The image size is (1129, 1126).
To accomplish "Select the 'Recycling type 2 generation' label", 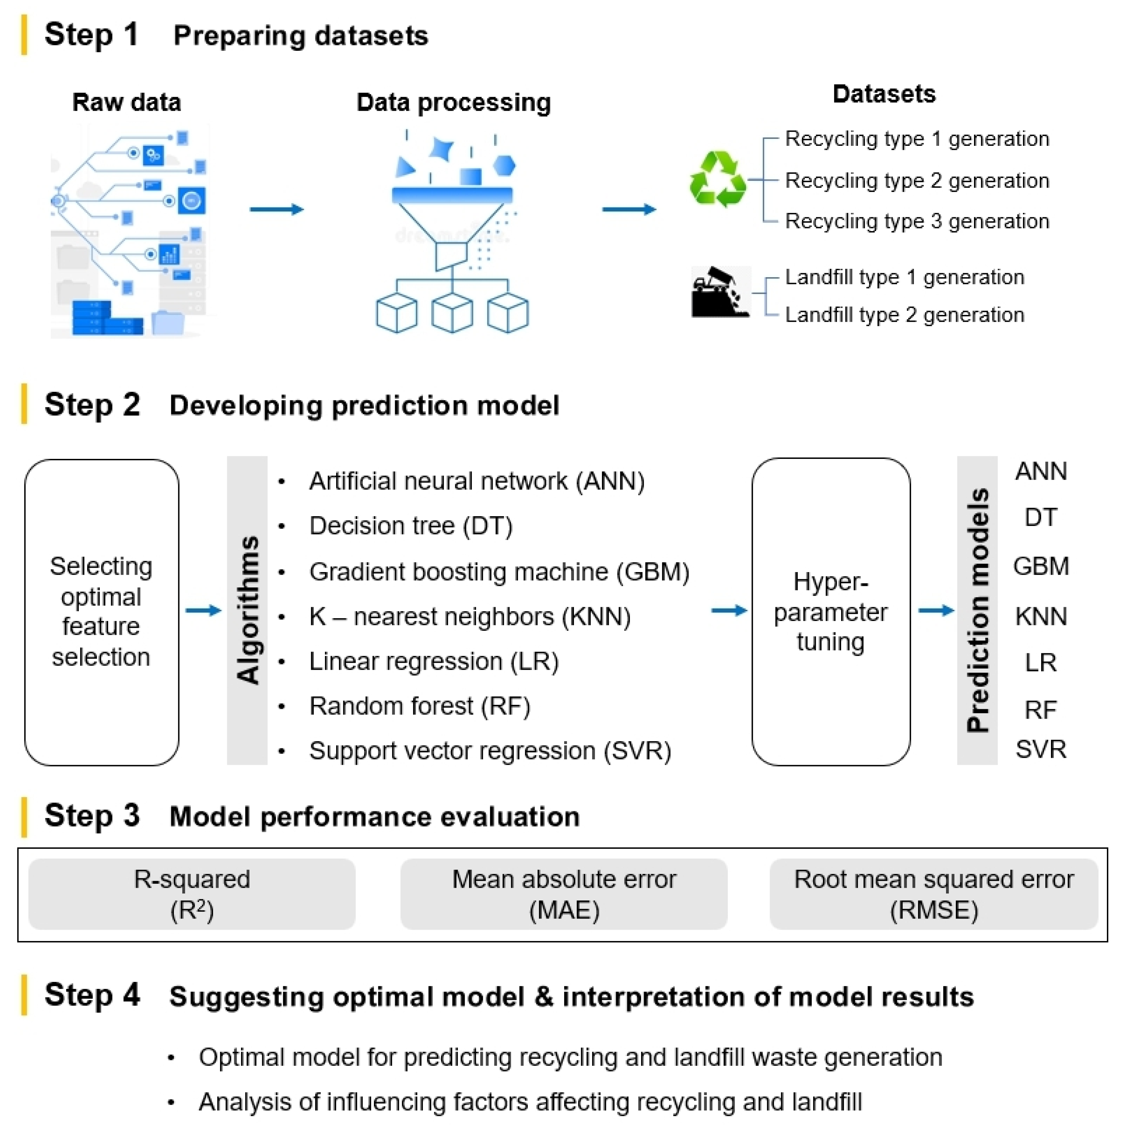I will coord(916,180).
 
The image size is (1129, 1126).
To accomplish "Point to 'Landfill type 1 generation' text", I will coord(904,277).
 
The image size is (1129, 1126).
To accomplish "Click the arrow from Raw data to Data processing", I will coord(276,209).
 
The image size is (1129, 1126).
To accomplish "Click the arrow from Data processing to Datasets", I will coord(629,209).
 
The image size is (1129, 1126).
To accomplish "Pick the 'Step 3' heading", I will coord(92,815).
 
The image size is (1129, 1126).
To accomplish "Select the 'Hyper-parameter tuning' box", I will coord(830,611).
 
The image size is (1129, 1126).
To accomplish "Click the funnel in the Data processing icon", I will coord(451,222).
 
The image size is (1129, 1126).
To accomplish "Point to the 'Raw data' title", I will coord(126,102).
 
